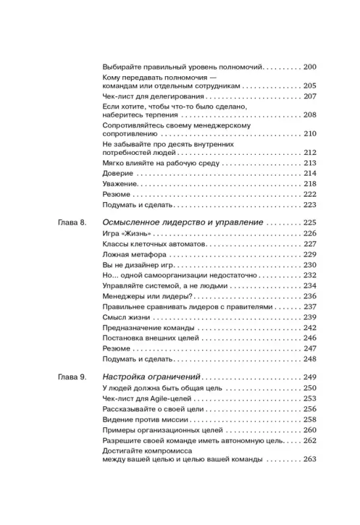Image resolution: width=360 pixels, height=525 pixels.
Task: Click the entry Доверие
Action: (x=118, y=173)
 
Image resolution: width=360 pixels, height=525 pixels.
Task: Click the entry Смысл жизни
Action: (x=127, y=317)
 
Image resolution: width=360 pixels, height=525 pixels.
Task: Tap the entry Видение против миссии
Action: (x=146, y=419)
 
